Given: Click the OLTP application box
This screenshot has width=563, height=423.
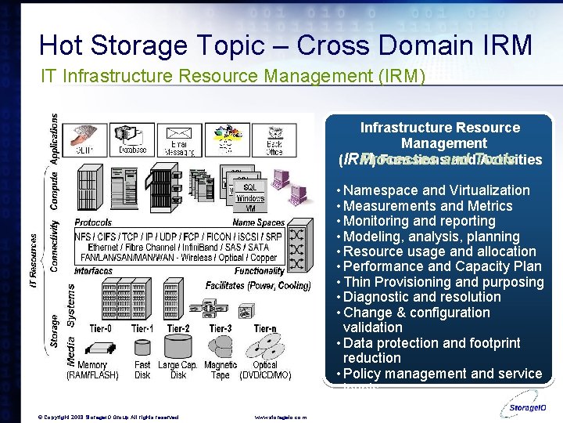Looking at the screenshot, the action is pyautogui.click(x=84, y=139).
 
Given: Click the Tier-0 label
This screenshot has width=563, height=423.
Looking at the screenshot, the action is pyautogui.click(x=99, y=328).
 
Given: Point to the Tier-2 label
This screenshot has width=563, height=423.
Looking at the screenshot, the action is pyautogui.click(x=178, y=328).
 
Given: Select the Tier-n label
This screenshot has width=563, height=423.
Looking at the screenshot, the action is pyautogui.click(x=265, y=328).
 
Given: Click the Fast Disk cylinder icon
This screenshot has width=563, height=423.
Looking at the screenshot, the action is pyautogui.click(x=142, y=347).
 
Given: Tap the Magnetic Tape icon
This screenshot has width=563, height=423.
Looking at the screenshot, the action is pyautogui.click(x=221, y=346).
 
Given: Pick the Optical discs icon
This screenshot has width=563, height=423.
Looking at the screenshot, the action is pyautogui.click(x=267, y=346).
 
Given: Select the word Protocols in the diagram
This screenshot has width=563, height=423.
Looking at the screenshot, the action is pyautogui.click(x=93, y=223).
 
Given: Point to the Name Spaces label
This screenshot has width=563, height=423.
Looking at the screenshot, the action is pyautogui.click(x=259, y=223).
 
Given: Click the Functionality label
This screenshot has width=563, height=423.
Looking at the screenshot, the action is pyautogui.click(x=260, y=271).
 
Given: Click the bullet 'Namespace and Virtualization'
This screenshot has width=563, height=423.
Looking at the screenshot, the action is pyautogui.click(x=436, y=190).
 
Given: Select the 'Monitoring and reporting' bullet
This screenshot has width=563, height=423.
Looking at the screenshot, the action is pyautogui.click(x=419, y=221).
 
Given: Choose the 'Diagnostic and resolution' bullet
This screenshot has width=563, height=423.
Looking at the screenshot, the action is pyautogui.click(x=421, y=297).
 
